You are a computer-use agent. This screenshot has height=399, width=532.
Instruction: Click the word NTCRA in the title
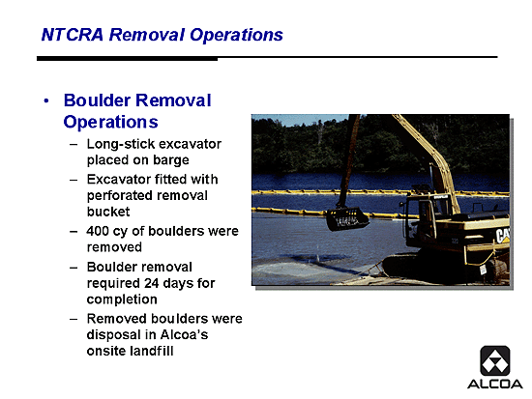[x=72, y=35]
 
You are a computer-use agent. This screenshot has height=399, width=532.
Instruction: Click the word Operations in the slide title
[x=236, y=35]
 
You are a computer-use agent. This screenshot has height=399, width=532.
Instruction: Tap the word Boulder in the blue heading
[x=97, y=100]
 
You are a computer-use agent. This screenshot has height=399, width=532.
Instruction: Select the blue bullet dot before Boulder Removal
[x=46, y=100]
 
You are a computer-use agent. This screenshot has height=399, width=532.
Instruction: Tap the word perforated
[x=128, y=196]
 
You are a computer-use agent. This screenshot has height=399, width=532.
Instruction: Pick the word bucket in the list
[x=108, y=212]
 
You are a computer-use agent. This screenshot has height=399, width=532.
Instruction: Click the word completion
[x=122, y=299]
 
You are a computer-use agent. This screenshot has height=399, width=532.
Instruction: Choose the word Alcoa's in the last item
[x=184, y=335]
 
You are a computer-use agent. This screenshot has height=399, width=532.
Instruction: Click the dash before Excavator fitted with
[x=74, y=180]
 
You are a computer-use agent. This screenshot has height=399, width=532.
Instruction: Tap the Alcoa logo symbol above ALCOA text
[x=495, y=360]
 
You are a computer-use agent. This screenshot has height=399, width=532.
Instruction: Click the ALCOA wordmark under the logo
[x=495, y=385]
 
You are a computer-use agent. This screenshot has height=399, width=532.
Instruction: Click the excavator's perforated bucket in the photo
[x=347, y=219]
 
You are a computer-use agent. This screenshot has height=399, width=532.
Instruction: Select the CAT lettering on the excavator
[x=502, y=236]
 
